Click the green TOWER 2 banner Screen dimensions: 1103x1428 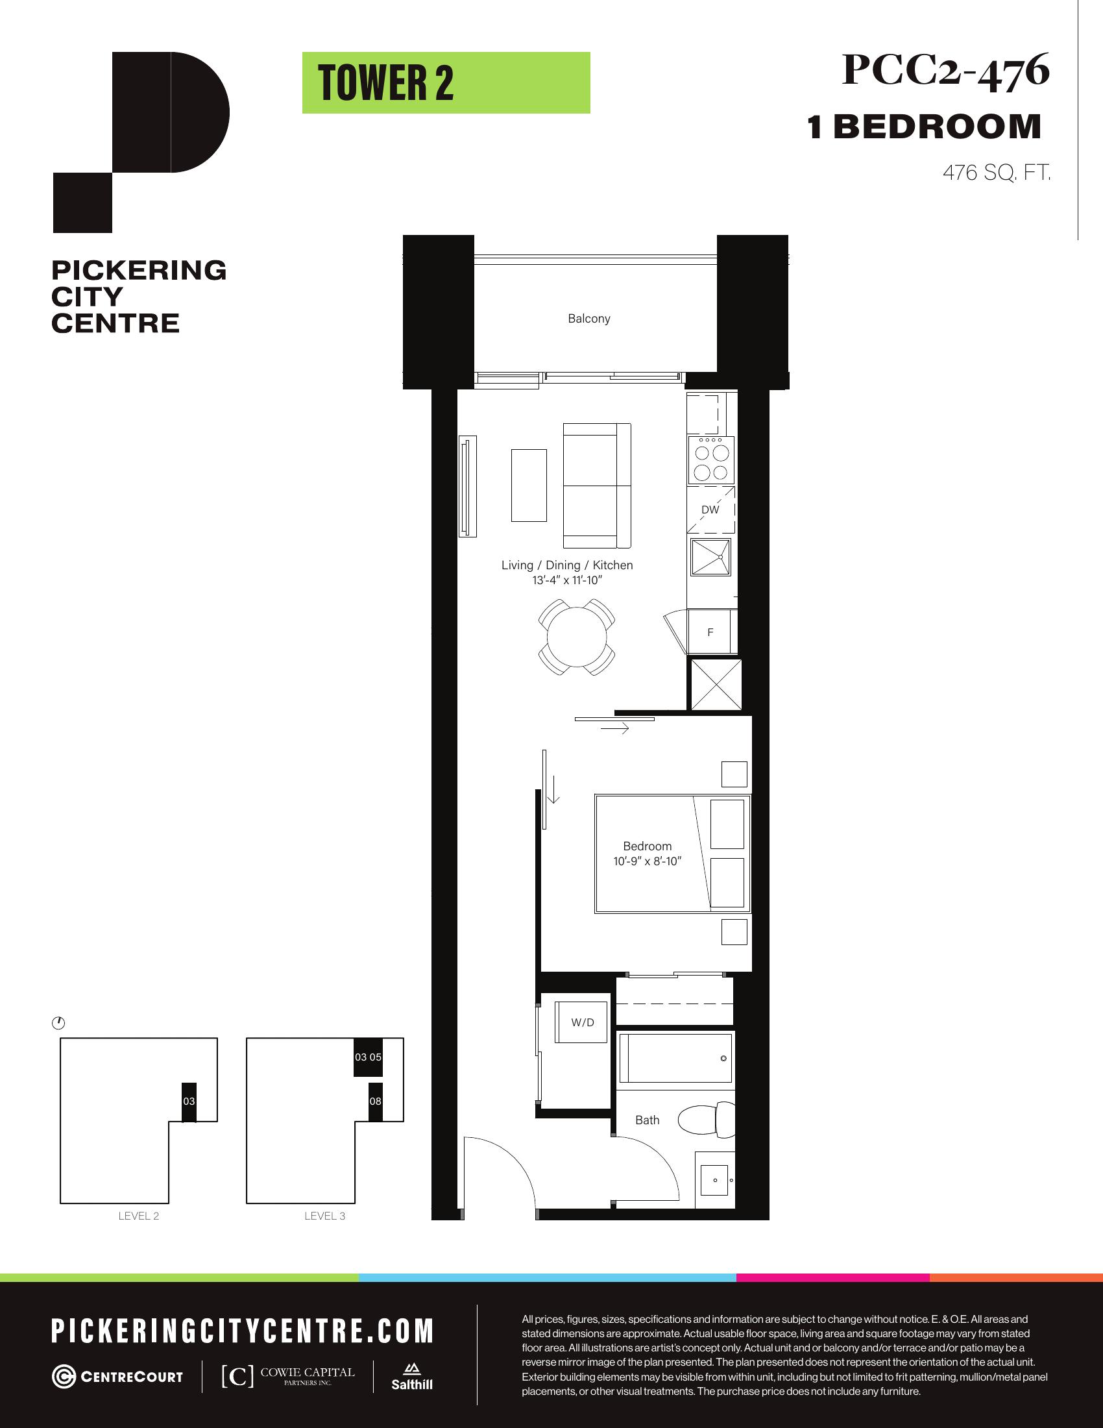[x=446, y=83]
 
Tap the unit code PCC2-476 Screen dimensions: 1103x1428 [x=945, y=70]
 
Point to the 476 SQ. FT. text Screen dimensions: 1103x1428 [x=997, y=173]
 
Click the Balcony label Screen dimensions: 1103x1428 [x=588, y=319]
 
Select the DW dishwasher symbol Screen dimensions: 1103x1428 [x=711, y=510]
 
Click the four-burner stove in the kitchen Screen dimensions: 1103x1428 [x=711, y=460]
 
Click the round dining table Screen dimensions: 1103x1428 [x=577, y=637]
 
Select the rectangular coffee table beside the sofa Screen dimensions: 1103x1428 [x=529, y=484]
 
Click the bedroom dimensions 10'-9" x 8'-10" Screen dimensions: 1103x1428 [x=647, y=861]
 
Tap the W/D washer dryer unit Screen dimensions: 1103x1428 [x=583, y=1022]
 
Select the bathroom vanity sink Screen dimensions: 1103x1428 [x=715, y=1179]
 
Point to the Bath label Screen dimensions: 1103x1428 [x=648, y=1120]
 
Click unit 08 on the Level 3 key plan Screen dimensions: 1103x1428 [x=375, y=1101]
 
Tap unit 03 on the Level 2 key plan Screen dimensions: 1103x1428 [x=189, y=1101]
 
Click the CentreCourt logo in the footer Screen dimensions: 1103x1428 [x=117, y=1376]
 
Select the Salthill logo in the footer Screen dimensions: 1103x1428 [x=411, y=1376]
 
